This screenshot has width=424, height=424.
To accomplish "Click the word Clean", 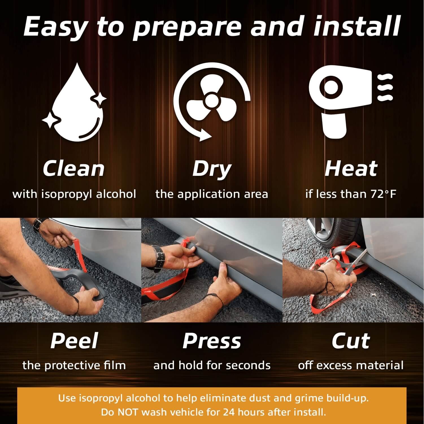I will pyautogui.click(x=74, y=169).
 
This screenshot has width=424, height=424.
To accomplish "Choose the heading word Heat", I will pyautogui.click(x=351, y=169).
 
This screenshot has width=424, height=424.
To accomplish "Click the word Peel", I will pyautogui.click(x=74, y=341).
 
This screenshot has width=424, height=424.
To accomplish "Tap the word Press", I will pyautogui.click(x=212, y=341).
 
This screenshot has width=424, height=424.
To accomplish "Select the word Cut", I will pyautogui.click(x=351, y=341).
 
